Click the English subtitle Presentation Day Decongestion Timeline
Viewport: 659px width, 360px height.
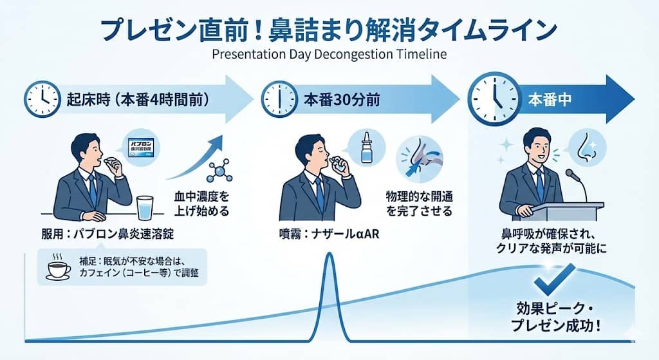(329, 54)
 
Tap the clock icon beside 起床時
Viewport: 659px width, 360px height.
(42, 99)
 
